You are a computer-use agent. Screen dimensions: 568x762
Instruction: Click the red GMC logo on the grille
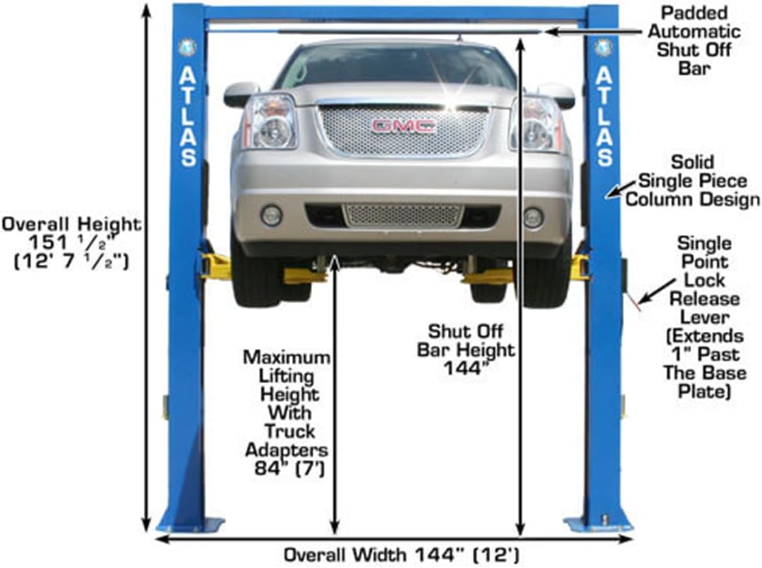(402, 126)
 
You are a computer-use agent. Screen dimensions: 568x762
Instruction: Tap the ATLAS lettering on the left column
(189, 116)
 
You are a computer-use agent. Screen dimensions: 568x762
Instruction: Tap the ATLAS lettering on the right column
(604, 116)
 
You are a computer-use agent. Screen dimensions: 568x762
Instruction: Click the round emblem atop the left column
(187, 47)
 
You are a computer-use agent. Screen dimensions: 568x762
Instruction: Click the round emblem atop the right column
(604, 47)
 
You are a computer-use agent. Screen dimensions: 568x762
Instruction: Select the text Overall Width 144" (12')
(401, 555)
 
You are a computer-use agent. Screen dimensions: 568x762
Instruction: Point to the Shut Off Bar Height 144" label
(466, 349)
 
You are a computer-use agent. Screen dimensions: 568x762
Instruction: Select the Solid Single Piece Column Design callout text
(692, 180)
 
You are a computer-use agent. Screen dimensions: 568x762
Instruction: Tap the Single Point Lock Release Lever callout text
(704, 317)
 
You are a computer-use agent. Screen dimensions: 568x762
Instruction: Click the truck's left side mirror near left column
(241, 94)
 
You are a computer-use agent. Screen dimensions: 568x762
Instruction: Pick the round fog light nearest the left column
(272, 215)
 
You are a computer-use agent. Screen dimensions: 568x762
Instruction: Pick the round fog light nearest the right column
(533, 217)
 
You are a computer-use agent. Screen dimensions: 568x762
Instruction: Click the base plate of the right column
(597, 522)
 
